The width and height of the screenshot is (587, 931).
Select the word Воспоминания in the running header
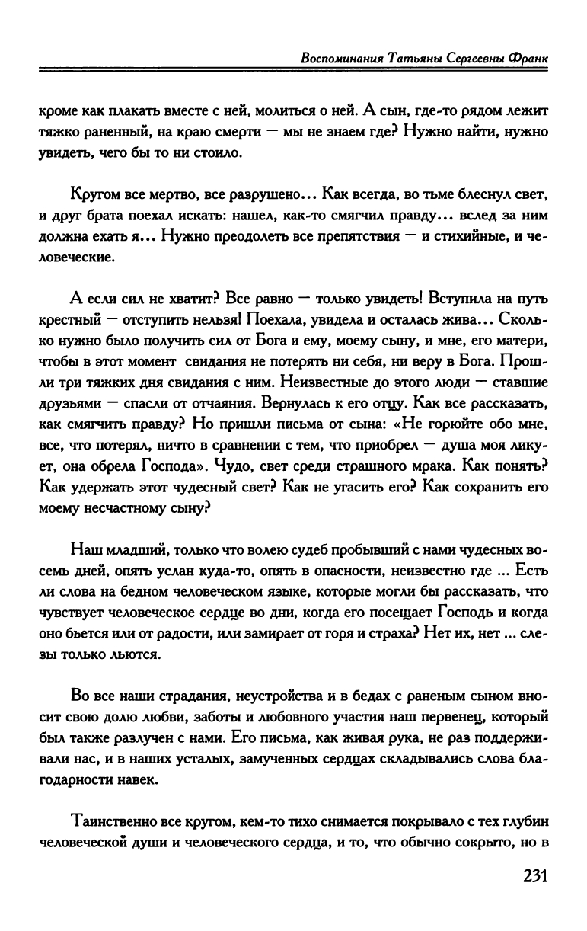click(337, 59)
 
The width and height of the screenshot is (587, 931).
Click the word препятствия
click(360, 236)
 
